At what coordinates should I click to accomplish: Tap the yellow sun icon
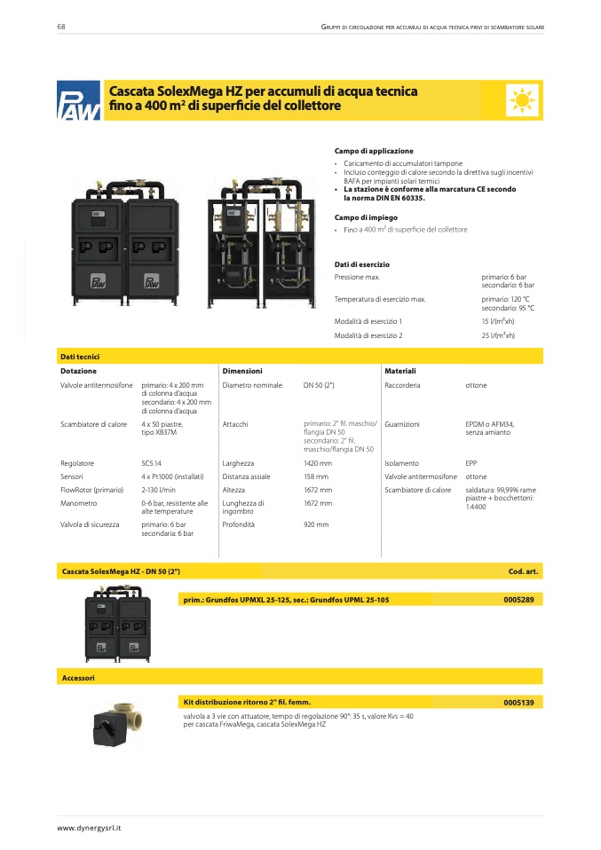522,100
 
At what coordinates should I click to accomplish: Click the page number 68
61,28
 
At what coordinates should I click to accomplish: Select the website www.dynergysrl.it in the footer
89,827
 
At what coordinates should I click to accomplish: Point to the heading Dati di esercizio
361,264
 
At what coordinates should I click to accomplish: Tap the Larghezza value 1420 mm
318,463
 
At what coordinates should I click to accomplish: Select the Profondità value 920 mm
316,524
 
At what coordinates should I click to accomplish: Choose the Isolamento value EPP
471,463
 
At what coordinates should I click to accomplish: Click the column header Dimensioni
242,370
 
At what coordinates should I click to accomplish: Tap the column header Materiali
400,370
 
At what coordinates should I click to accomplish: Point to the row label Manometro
79,503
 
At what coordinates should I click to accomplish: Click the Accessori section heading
78,678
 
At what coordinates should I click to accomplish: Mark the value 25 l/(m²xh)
498,336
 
